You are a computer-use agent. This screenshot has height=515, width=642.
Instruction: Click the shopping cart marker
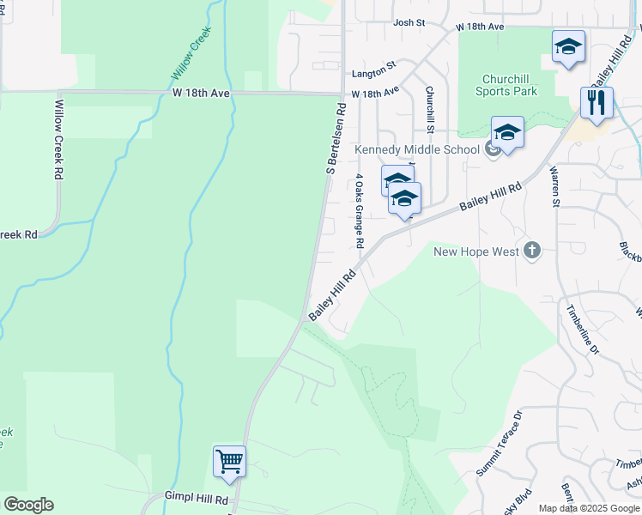click(x=229, y=462)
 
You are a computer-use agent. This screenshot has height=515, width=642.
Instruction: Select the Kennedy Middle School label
click(x=417, y=149)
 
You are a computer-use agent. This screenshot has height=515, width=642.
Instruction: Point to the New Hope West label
click(x=476, y=251)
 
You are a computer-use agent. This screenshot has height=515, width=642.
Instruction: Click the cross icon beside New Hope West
click(x=532, y=251)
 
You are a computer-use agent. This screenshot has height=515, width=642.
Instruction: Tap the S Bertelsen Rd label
click(x=335, y=139)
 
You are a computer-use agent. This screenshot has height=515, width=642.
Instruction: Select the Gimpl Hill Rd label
click(x=186, y=499)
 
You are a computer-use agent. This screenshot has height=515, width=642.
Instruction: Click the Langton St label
click(x=373, y=65)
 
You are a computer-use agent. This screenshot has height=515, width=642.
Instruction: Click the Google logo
click(x=28, y=504)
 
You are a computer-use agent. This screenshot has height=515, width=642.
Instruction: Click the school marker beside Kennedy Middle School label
click(x=507, y=133)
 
